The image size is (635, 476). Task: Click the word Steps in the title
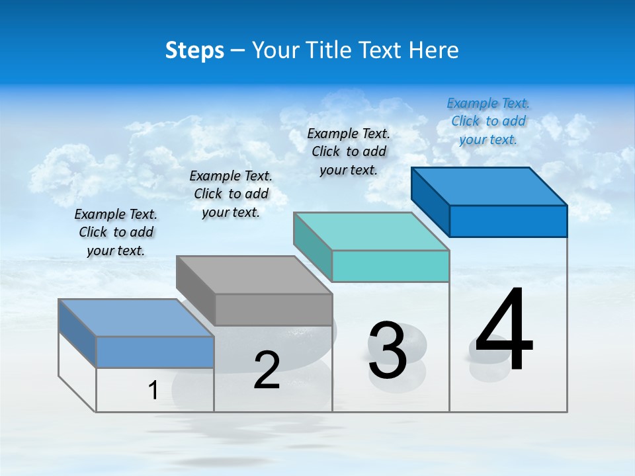point(194,50)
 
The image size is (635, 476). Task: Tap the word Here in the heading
point(434,50)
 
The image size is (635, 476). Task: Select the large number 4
point(504,331)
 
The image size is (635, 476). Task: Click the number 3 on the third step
point(388,350)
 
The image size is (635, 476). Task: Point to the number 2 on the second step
point(267,370)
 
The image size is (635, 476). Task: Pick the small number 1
point(153,391)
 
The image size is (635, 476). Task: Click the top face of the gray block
point(255,274)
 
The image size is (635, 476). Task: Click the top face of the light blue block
point(136,318)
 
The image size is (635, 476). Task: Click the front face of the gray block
point(274,309)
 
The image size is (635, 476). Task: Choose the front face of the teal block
point(391,266)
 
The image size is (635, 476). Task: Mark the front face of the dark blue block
point(508,221)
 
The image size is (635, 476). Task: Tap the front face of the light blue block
point(155,352)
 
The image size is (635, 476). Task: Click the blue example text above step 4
point(488,121)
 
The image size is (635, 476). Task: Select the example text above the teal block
point(349,151)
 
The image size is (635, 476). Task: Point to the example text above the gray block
point(231,194)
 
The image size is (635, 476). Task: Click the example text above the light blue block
point(116,232)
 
